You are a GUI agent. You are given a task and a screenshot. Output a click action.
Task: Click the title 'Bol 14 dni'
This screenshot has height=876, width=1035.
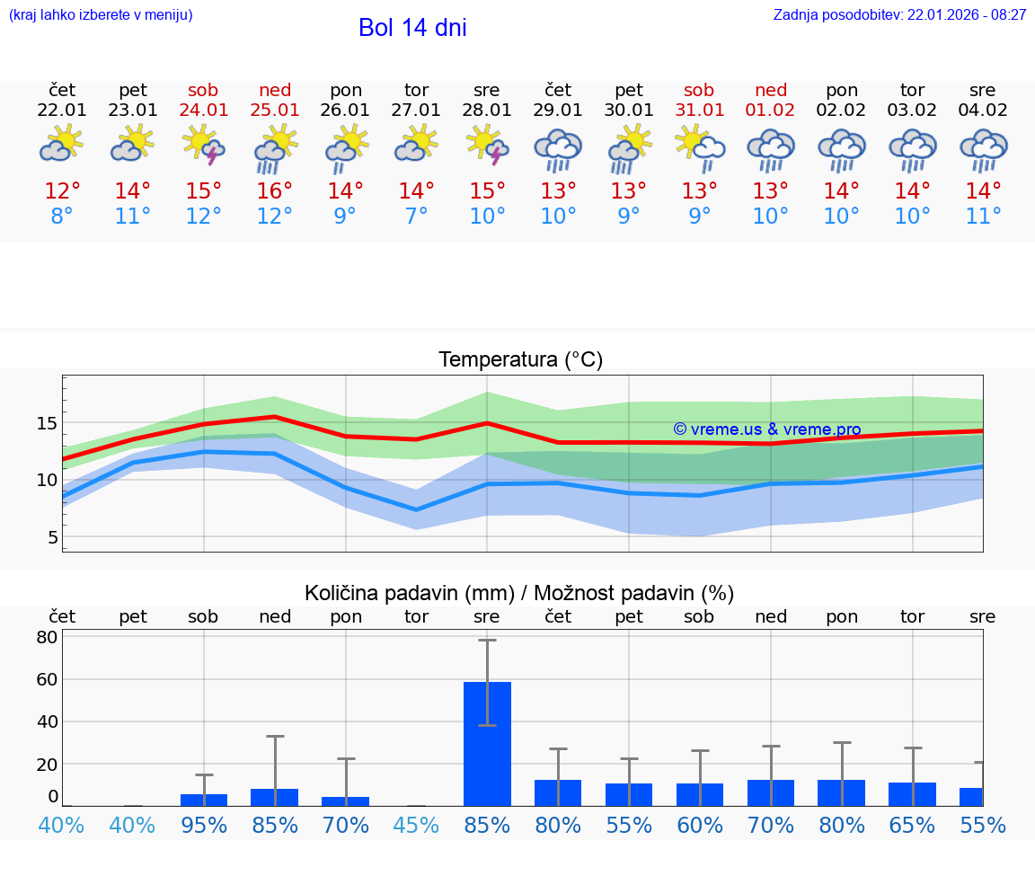click(x=412, y=28)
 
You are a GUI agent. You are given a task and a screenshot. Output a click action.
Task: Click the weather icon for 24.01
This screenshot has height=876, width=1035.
click(x=204, y=146)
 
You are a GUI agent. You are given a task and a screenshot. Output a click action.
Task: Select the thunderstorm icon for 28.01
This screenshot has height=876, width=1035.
click(x=487, y=146)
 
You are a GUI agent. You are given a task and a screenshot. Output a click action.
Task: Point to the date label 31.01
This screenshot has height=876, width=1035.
click(x=699, y=111)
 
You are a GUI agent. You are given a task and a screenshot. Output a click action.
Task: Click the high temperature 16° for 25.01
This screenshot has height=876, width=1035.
click(x=275, y=191)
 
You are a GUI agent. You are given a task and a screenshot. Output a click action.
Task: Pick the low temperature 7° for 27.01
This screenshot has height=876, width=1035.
click(x=416, y=217)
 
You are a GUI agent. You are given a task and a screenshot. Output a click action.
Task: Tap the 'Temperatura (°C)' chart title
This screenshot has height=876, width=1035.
click(x=520, y=360)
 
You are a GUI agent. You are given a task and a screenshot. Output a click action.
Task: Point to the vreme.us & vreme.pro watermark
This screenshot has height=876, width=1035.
click(x=767, y=429)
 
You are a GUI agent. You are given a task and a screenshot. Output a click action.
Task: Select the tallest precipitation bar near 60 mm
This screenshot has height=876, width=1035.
click(x=487, y=743)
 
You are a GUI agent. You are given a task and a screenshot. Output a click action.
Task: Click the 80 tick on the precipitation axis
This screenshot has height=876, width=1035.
click(x=47, y=637)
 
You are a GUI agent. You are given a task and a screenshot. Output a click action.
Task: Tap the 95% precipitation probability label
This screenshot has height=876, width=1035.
click(x=204, y=825)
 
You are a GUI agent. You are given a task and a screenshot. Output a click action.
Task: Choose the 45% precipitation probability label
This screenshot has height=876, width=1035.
click(x=416, y=825)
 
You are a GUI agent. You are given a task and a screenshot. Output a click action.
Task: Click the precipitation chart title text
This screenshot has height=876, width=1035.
click(x=519, y=593)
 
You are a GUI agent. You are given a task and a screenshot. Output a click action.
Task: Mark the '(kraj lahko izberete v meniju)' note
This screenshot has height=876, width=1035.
click(x=101, y=14)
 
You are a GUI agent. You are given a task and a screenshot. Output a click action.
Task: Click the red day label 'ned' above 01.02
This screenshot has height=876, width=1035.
click(x=771, y=90)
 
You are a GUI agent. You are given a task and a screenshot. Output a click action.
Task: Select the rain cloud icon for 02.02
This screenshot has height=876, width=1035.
click(x=842, y=149)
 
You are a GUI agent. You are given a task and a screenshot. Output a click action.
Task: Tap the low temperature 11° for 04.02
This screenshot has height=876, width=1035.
click(x=983, y=217)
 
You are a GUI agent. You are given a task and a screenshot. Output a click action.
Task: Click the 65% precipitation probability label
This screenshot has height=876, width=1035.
click(x=912, y=825)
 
